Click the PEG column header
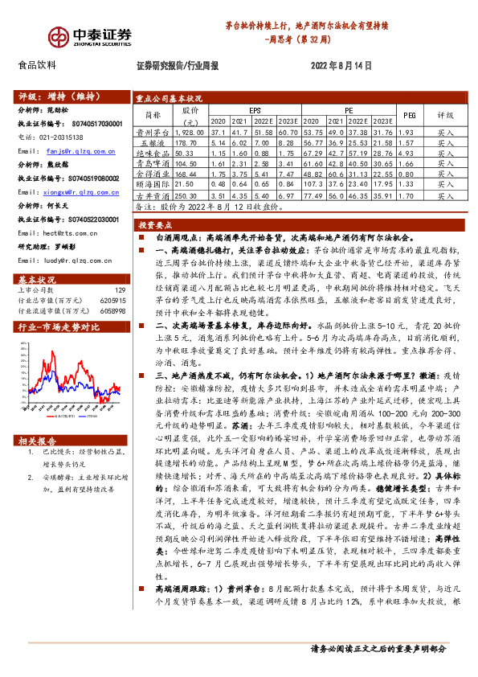(x=409, y=116)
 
